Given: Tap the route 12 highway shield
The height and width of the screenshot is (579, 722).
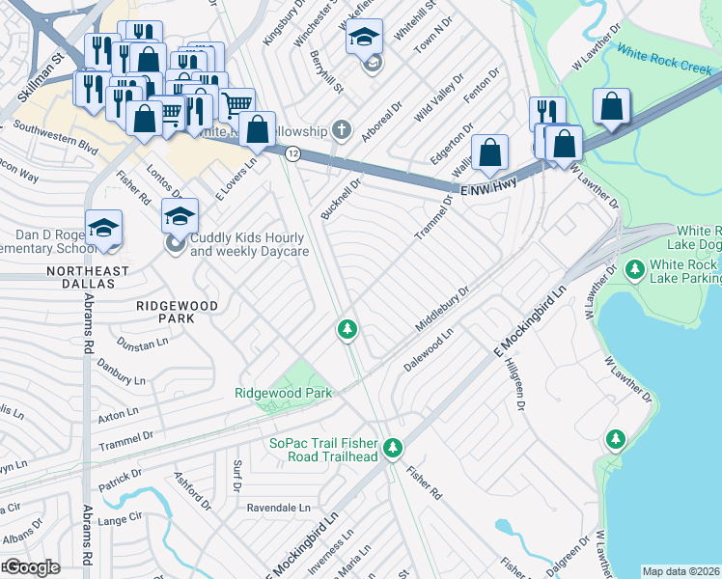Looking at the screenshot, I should coord(292,153).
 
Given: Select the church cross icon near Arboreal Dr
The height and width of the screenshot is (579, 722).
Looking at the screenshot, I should coord(340,129).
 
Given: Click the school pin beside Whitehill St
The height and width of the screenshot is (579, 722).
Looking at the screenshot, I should coord(364,39).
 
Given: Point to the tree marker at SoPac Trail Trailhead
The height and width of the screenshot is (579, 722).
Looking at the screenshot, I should coord(393,447).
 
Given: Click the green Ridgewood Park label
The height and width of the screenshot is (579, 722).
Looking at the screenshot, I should coord(283,393).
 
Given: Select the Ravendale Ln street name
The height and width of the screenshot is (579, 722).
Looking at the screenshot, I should coord(280,507).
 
